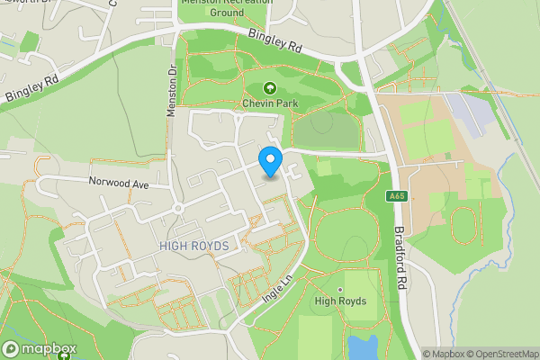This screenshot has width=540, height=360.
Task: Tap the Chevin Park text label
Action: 270,103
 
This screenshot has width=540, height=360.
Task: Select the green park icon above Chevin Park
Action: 270,88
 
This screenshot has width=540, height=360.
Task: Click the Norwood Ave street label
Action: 117,182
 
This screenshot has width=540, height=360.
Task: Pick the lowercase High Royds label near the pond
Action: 340,301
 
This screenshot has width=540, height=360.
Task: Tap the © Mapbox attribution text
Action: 442,354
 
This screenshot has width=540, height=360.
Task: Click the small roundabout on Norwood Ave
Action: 178,209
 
